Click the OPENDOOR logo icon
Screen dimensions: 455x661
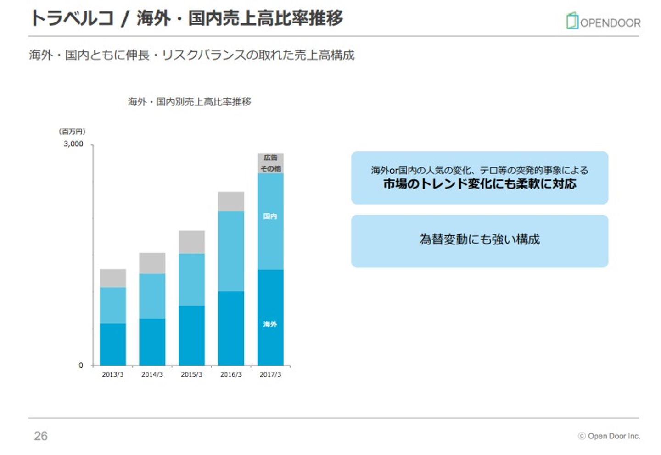tap(572, 21)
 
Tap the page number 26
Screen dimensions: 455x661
tap(41, 436)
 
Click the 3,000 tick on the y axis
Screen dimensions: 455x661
tap(73, 144)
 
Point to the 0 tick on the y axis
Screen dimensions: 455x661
tap(81, 366)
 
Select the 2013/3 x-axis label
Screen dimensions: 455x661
tap(112, 375)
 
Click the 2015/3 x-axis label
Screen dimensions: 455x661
tap(191, 375)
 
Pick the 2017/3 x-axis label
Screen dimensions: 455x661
tap(270, 375)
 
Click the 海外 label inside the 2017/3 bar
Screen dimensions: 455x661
tap(270, 324)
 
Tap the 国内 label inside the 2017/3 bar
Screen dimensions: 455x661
tap(270, 216)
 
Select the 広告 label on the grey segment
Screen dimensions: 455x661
tap(270, 158)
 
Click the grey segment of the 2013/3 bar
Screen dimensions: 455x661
tap(113, 278)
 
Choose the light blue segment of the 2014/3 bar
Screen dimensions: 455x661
tap(152, 296)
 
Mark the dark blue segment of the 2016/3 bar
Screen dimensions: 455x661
tap(231, 328)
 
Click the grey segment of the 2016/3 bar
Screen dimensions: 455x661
tap(231, 201)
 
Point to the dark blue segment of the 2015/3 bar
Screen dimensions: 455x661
tap(191, 335)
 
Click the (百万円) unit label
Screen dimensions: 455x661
tap(72, 132)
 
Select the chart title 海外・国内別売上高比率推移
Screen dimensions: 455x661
tap(190, 102)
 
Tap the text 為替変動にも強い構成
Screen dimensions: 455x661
tap(480, 239)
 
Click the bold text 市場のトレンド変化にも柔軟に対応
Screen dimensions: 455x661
tap(480, 184)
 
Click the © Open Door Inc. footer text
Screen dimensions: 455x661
tap(609, 436)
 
